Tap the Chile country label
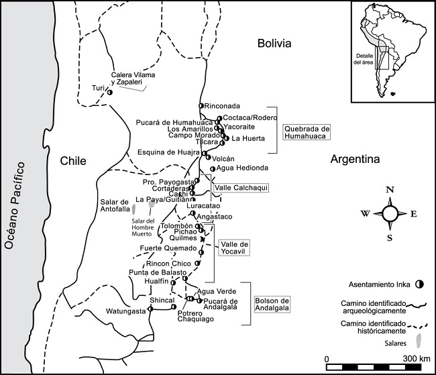coord(74,161)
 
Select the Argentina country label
coord(355,160)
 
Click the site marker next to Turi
coord(109,93)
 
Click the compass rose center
coord(390,213)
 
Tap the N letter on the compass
coord(390,190)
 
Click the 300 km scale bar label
coord(411,358)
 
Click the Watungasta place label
coord(125,311)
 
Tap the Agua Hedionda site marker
coord(213,168)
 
